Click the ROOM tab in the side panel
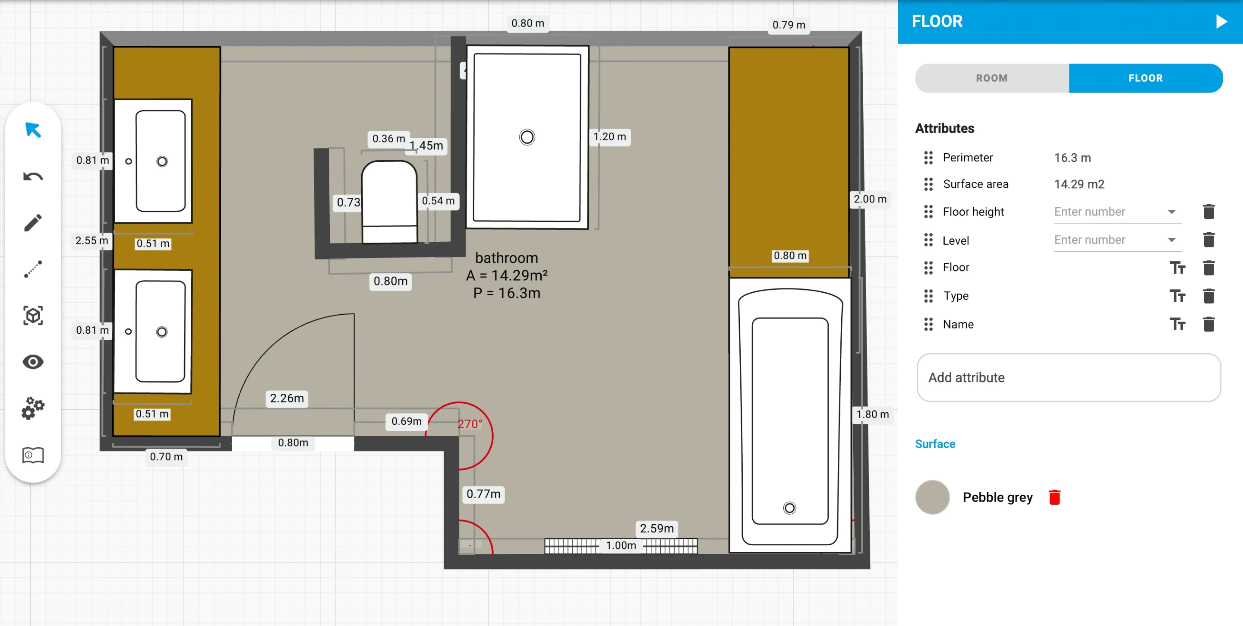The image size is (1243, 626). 992,78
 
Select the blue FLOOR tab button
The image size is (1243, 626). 1145,78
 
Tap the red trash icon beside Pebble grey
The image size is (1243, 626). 1054,497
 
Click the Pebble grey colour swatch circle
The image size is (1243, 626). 932,497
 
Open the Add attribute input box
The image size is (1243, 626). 1069,377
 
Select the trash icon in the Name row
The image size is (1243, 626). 1209,324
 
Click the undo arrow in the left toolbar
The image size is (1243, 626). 33,176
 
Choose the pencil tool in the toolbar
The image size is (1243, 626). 33,223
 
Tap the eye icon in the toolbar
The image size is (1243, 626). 33,362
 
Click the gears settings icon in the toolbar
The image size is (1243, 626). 33,408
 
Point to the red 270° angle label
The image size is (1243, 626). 470,424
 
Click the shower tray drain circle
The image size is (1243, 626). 527,138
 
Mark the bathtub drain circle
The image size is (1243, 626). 789,508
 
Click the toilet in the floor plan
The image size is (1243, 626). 389,202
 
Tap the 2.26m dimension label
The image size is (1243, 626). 287,398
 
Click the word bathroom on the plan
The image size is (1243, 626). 507,258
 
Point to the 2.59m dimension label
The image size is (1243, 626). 657,528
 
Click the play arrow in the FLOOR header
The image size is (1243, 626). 1221,22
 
